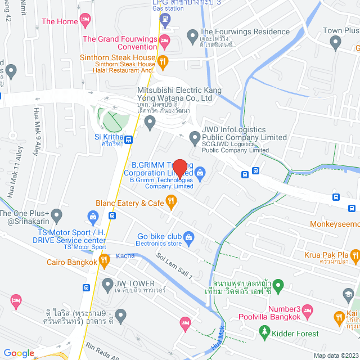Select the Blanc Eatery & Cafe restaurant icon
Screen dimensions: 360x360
click(172, 200)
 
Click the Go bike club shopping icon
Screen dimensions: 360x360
click(188, 236)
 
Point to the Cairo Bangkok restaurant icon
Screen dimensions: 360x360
click(103, 259)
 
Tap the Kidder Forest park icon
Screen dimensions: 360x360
click(265, 332)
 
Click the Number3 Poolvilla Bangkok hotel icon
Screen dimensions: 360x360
click(307, 310)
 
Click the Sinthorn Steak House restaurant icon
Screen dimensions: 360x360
click(163, 60)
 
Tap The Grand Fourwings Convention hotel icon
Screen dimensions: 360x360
click(165, 39)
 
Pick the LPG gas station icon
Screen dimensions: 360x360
click(164, 21)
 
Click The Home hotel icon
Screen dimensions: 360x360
click(85, 21)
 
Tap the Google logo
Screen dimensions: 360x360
click(19, 353)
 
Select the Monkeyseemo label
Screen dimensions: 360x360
click(335, 224)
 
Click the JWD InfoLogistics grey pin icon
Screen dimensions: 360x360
click(195, 137)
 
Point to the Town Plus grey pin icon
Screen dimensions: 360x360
click(336, 41)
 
